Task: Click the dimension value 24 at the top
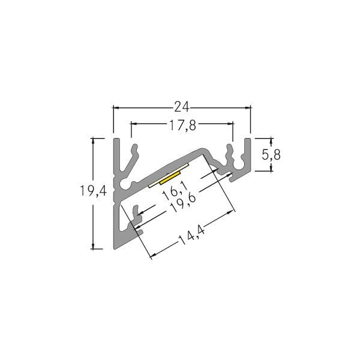(x=182, y=107)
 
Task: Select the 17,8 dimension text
(x=182, y=125)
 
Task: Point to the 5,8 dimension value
(x=272, y=154)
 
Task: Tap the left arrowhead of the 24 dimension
(x=116, y=108)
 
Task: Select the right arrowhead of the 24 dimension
(x=248, y=108)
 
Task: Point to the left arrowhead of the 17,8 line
(x=134, y=124)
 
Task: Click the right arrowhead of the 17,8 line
(x=230, y=124)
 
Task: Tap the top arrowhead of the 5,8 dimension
(x=271, y=140)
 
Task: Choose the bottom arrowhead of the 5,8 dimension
(x=271, y=169)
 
